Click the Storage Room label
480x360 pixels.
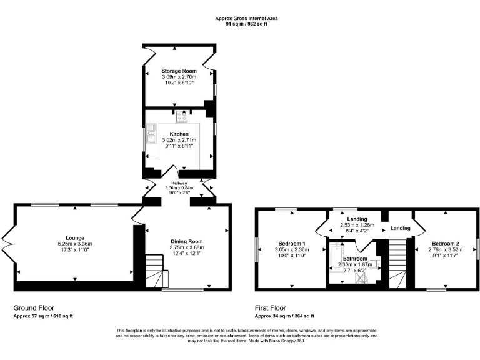coord(174,71)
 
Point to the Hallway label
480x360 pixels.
coord(179,183)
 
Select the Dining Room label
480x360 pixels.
coord(187,241)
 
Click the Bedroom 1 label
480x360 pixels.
coord(291,243)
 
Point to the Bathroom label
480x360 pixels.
coord(354,258)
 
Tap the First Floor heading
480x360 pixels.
coord(270,308)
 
